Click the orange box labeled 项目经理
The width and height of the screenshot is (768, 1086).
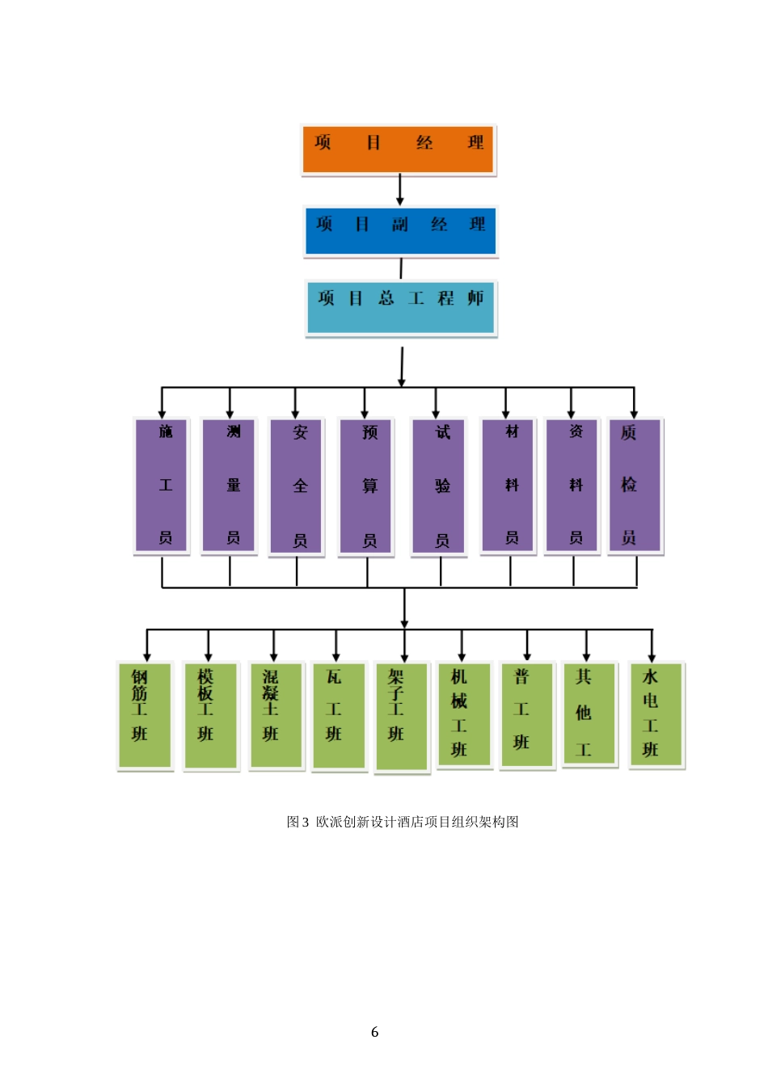tap(399, 149)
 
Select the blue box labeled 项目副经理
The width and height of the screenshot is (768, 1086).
tap(400, 231)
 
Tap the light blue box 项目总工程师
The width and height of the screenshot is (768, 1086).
tap(401, 307)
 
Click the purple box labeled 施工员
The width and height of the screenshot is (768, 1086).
tap(162, 485)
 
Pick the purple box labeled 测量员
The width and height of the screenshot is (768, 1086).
tap(230, 485)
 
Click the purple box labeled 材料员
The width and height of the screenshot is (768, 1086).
tap(508, 485)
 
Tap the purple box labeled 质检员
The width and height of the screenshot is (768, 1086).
tap(635, 485)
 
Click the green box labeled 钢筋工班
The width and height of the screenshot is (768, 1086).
tap(145, 715)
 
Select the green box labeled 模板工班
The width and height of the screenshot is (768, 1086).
tap(211, 715)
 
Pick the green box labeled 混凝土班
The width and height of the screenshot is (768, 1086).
tap(276, 715)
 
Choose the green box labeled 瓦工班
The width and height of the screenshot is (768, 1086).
tap(340, 715)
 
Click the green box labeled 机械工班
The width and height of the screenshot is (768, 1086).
tap(464, 714)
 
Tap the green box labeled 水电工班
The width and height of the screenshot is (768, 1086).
tap(656, 714)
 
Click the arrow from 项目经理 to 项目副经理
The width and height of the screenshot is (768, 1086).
tap(399, 191)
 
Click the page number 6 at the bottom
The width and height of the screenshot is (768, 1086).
tap(374, 1032)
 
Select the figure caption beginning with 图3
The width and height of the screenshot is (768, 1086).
tap(403, 822)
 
